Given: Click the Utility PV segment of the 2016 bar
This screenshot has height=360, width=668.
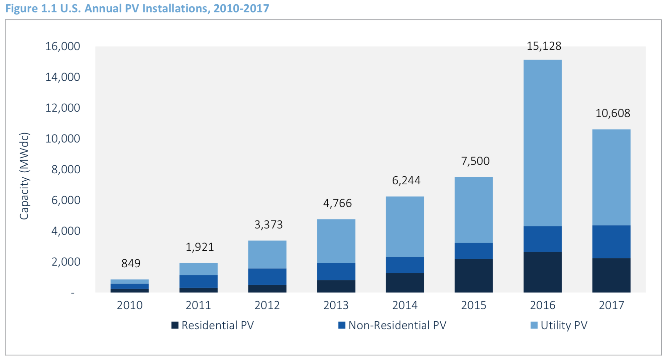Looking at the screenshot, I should (x=542, y=143).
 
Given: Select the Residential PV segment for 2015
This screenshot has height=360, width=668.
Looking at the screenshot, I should (x=473, y=276).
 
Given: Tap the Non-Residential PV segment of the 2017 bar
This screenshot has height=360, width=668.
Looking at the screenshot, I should (x=611, y=242).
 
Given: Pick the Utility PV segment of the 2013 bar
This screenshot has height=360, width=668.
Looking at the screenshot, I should (x=336, y=241).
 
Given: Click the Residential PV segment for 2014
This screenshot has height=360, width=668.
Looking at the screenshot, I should (x=405, y=283).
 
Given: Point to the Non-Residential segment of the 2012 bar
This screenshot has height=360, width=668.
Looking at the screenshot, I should (x=267, y=276).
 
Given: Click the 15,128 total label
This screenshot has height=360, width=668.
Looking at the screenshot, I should (x=544, y=46).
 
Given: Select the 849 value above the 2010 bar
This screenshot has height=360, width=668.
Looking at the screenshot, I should (x=131, y=263).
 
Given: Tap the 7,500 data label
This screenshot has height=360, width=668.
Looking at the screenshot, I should (x=475, y=161).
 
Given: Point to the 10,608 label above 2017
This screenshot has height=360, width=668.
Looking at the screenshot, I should (x=613, y=113).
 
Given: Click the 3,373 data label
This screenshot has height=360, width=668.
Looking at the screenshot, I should (x=268, y=224).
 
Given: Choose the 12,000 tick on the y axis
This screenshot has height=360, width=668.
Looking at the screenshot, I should (x=63, y=108).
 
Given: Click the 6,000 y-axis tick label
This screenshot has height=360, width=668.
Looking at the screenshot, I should (x=66, y=200).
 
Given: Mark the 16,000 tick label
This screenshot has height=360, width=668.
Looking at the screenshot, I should (x=63, y=46).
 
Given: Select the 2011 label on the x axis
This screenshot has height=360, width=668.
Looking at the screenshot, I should (x=198, y=305).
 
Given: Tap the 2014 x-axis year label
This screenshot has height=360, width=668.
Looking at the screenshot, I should (x=405, y=305).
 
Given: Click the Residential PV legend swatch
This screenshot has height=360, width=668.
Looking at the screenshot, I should (x=175, y=325).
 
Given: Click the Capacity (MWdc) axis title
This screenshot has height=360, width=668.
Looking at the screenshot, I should (x=24, y=176).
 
